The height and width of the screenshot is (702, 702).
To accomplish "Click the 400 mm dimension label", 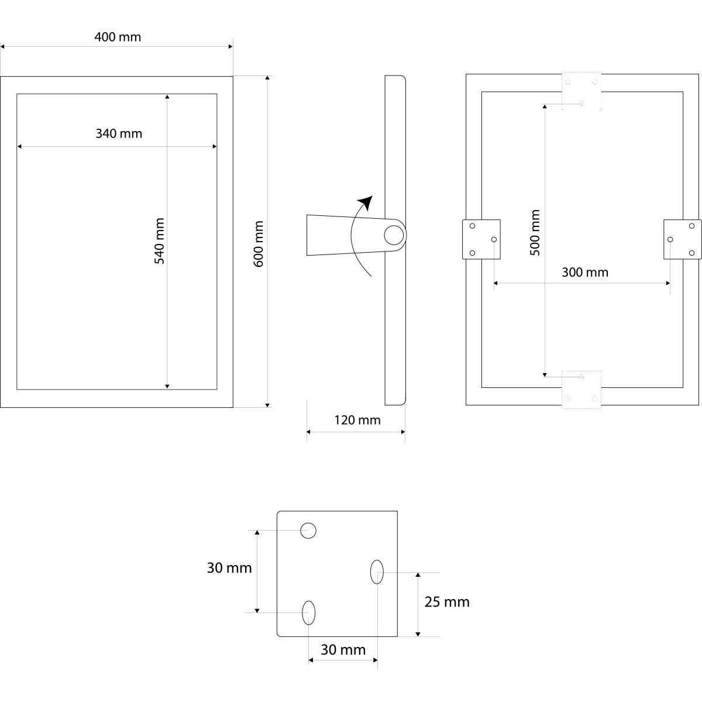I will [x=118, y=37].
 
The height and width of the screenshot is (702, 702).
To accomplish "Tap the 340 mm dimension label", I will [x=119, y=133].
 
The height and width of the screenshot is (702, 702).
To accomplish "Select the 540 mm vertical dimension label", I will [x=159, y=240].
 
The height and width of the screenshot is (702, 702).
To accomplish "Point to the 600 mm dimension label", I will [x=259, y=243].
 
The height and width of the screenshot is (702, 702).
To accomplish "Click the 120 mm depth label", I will [x=357, y=420].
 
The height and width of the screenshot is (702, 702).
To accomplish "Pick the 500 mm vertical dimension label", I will [x=535, y=232].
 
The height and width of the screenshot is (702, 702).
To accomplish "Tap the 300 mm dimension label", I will [x=584, y=272].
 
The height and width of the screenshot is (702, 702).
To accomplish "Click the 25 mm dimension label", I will [x=447, y=602].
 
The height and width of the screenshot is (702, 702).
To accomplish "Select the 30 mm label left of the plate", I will [x=229, y=567].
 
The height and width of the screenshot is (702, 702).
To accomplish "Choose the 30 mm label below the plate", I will [x=343, y=650].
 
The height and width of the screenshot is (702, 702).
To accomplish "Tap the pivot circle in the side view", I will [x=393, y=235].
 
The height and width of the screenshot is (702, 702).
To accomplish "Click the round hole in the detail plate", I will [x=308, y=531].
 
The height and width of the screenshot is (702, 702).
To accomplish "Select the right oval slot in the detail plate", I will [x=377, y=572].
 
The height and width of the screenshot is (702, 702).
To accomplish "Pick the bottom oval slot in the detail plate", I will [x=309, y=612].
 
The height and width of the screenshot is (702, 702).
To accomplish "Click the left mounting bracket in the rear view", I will [x=481, y=239].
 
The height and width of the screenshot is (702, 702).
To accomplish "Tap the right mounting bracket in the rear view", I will [x=682, y=239].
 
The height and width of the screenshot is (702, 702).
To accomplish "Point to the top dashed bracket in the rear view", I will [x=581, y=91].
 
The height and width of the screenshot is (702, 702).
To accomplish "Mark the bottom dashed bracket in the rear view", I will [x=581, y=389].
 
